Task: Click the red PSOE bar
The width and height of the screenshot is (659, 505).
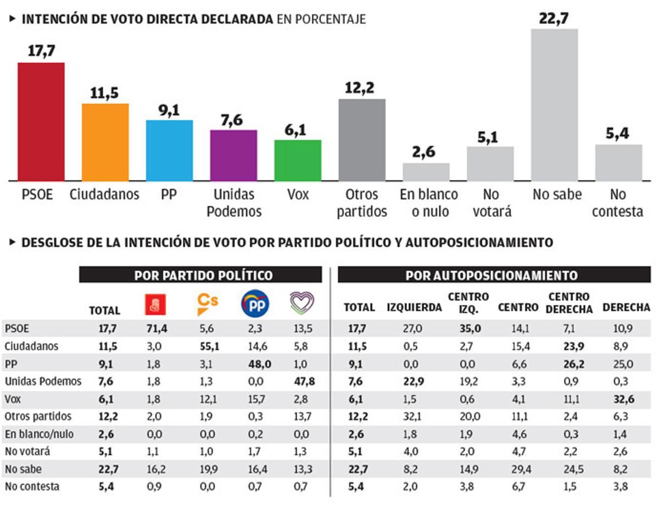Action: pyautogui.click(x=41, y=122)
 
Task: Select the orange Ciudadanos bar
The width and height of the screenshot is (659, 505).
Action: pyautogui.click(x=105, y=142)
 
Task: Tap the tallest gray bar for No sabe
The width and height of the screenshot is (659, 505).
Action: pyautogui.click(x=554, y=104)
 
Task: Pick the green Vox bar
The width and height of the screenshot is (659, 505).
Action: pyautogui.click(x=298, y=160)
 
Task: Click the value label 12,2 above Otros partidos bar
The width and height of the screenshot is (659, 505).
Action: pyautogui.click(x=361, y=88)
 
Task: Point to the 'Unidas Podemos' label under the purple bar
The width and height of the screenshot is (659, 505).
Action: pyautogui.click(x=234, y=203)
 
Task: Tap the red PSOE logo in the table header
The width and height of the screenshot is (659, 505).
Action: pyautogui.click(x=155, y=304)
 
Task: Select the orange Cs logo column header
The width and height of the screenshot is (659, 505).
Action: pyautogui.click(x=208, y=304)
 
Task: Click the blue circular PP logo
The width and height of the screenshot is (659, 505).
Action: pyautogui.click(x=255, y=304)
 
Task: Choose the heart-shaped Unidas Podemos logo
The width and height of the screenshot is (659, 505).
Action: pyautogui.click(x=302, y=303)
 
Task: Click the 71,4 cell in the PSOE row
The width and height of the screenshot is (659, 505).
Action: pyautogui.click(x=155, y=329)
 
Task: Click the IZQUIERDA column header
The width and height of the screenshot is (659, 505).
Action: pyautogui.click(x=414, y=308)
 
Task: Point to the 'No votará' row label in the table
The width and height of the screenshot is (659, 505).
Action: pyautogui.click(x=27, y=452)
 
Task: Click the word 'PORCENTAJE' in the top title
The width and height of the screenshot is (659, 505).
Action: pyautogui.click(x=331, y=19)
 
